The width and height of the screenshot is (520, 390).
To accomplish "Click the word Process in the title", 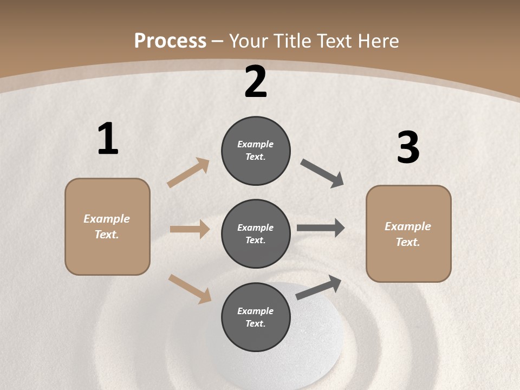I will tap(170, 41).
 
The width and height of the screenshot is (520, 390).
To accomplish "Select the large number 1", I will tap(108, 139).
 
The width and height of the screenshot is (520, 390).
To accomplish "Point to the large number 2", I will tap(256, 82).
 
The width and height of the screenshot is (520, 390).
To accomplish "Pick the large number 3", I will tap(408, 148).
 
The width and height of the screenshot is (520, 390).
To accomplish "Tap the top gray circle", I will tap(256, 151).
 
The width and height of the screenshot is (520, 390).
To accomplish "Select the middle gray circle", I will tap(256, 233).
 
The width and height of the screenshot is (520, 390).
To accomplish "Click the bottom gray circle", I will tap(256, 317).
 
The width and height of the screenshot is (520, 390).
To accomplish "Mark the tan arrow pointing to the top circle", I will tap(188, 173).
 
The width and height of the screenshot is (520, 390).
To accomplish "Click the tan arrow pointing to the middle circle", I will tap(190, 229).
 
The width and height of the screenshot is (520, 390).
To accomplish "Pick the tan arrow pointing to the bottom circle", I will tap(190, 288).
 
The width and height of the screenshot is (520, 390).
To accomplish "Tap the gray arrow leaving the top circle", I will tap(322, 173).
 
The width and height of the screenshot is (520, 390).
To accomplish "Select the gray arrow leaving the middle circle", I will tap(321, 228).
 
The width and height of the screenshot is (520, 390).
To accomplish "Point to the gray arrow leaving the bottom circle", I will tap(318, 288).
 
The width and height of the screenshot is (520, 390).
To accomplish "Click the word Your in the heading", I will tap(250, 41).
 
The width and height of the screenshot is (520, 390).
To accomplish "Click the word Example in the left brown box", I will tap(107, 219).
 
